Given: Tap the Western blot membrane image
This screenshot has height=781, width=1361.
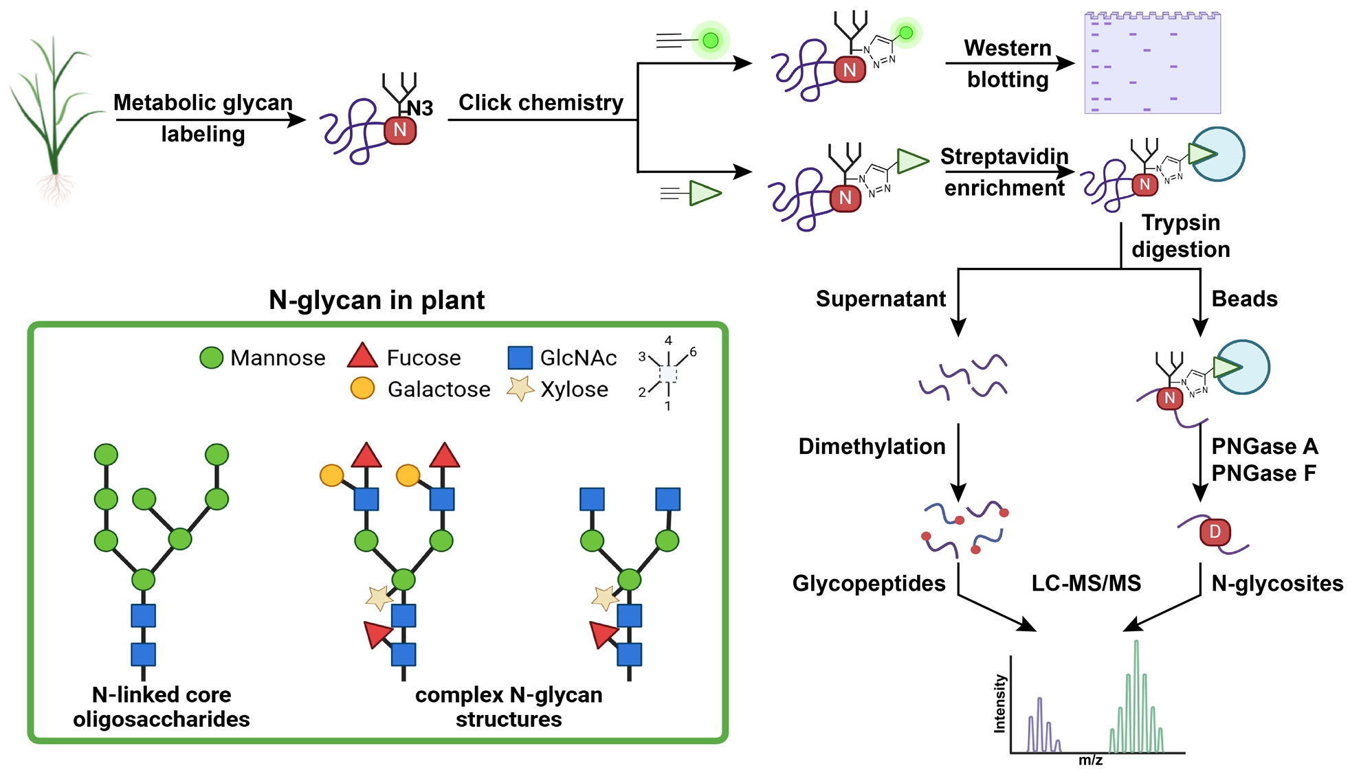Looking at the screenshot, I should tap(1152, 63).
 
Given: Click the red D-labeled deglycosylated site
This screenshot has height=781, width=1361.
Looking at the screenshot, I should tap(1215, 532).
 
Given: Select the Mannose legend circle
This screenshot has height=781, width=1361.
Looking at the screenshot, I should tap(211, 358).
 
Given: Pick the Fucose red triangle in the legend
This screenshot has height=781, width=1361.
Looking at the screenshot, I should tap(362, 356).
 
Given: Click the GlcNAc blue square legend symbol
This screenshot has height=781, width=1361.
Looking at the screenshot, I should tap(520, 358).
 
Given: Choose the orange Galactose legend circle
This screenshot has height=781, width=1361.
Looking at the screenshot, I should tap(362, 389).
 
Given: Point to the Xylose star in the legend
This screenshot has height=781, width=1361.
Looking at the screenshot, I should tap(520, 389).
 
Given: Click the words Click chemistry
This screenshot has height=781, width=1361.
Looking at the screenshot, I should tap(540, 102).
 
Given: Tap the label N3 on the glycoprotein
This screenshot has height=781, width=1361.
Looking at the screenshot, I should tap(419, 108).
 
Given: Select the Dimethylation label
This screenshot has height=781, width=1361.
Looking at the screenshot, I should tap(872, 446).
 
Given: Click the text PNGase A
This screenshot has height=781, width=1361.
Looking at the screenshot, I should tap(1264, 446).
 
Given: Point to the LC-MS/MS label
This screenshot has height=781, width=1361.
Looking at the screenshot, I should tap(1086, 583).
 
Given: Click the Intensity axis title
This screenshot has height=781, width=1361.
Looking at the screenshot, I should tap(1000, 704).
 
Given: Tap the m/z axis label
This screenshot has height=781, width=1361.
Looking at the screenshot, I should tap(1090, 760).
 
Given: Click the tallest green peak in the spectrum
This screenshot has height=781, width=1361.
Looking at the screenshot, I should tap(1136, 687).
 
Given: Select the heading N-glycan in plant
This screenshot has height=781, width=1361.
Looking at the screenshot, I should tap(377, 300).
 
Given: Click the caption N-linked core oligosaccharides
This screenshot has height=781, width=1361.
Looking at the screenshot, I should tap(162, 707).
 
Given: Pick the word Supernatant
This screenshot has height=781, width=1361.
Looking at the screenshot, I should tap(881, 299).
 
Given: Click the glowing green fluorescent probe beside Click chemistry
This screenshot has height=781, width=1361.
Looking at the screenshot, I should tap(710, 41).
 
